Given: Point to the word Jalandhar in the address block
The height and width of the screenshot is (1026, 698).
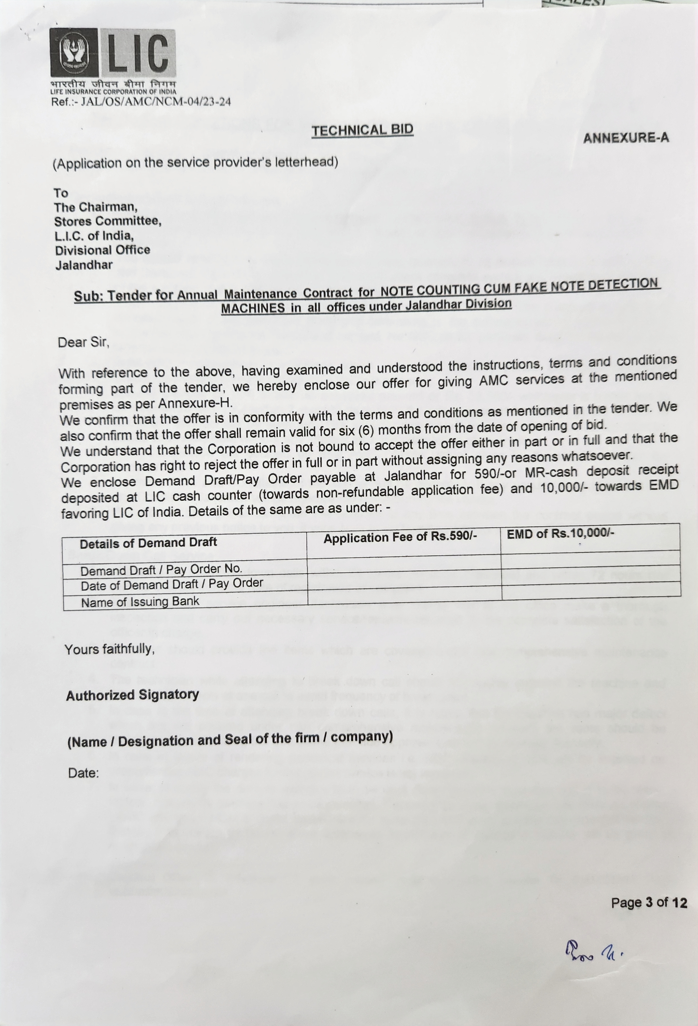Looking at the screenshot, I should point(84,265).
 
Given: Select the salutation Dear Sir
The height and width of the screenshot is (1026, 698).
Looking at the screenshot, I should point(83,343).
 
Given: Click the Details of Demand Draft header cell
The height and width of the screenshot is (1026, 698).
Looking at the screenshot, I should point(148,543).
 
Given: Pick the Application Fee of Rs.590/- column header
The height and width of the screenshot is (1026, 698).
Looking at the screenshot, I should point(401,538).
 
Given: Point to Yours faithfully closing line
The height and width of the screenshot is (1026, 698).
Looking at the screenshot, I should point(109,649).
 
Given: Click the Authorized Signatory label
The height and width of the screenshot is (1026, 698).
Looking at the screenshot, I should point(132,695).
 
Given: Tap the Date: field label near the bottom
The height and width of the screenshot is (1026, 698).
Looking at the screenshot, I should point(83,773).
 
